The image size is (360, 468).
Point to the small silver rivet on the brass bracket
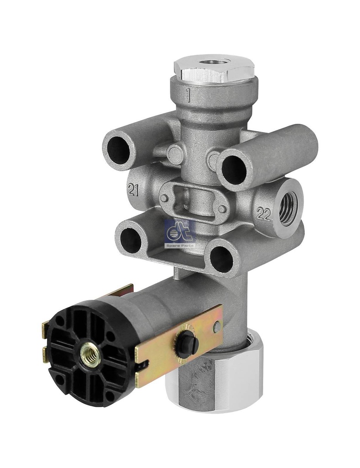click(x=217, y=326)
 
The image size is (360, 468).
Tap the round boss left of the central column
click(x=175, y=154)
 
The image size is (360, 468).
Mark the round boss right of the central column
click(x=213, y=160)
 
